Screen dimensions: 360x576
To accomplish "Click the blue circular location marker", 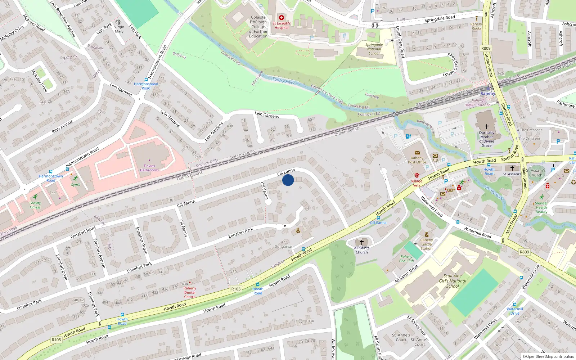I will point(288,180).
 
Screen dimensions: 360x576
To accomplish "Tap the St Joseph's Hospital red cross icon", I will point(282,18).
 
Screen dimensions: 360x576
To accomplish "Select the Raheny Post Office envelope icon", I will point(417,153).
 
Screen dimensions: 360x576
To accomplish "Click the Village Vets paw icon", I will point(417,175).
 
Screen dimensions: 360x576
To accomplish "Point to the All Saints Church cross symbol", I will point(362,242).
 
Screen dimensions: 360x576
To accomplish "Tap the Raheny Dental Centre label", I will point(190,292).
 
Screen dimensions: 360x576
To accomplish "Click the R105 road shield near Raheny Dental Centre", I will point(236,289).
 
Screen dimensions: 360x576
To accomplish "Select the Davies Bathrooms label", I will point(149,168).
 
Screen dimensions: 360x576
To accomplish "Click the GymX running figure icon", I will point(75,179).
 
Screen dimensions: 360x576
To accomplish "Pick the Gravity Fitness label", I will point(35,205).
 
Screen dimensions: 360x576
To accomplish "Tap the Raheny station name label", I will point(488,94).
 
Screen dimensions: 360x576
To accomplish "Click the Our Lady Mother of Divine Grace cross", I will point(486,127).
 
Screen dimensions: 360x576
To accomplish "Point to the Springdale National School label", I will point(374,49).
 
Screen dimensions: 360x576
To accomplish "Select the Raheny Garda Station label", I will point(427,244).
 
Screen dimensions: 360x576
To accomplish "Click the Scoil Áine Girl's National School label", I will point(453,281).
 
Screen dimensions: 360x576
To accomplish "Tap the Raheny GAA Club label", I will point(407,258).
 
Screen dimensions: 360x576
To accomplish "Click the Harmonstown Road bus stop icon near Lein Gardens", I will point(146,80).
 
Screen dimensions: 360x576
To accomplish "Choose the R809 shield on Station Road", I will point(486,48).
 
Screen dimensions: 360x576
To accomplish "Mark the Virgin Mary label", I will point(119,29).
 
